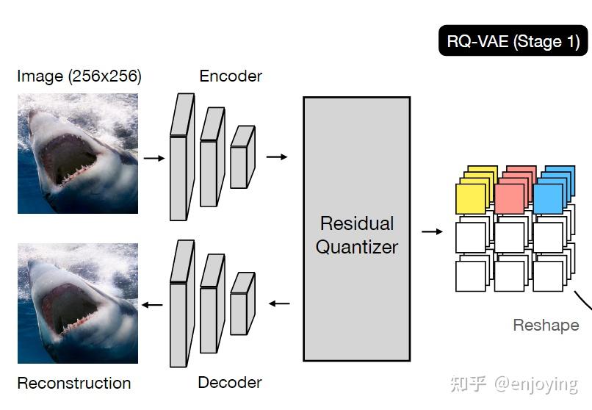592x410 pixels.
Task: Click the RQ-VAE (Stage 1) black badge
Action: coord(513,41)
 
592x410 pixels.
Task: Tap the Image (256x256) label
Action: coord(79,76)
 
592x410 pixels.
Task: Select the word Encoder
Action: coord(231,76)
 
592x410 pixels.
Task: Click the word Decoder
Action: coord(230,382)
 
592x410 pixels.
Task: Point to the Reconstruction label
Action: coord(74,383)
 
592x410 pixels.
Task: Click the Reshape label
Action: coord(546,325)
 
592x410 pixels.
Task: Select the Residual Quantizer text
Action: coord(357,235)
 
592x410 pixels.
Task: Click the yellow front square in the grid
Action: coord(471,199)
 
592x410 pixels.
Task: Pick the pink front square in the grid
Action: coord(509,199)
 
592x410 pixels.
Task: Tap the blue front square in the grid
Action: coord(547,199)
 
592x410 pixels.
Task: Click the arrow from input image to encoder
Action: coord(154,157)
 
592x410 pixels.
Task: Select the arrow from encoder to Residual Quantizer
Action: coord(277,157)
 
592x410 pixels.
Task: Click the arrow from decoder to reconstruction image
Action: coord(153,304)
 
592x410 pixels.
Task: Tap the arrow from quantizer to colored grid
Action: coord(433,231)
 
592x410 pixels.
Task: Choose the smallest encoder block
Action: coord(241,158)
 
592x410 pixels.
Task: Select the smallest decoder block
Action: coord(241,304)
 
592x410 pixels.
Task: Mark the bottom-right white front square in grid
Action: coord(547,276)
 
